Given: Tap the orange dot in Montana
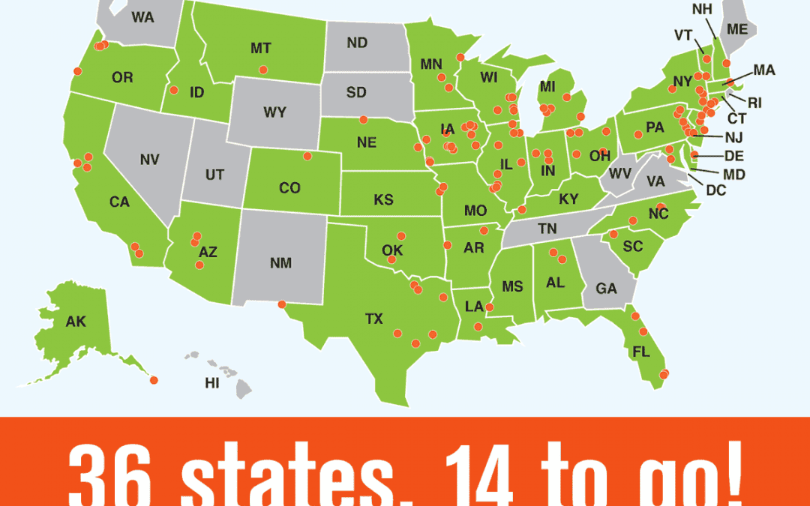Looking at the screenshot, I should tap(263, 70).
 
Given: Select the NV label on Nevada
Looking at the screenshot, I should tap(150, 160).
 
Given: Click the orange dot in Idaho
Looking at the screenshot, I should tap(174, 90).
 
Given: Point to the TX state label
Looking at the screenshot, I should tap(373, 319).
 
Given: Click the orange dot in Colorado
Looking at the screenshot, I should tap(307, 156).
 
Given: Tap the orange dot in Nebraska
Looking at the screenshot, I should tap(364, 119).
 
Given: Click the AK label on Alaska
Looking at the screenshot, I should tap(76, 322).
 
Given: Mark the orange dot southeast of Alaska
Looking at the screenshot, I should tap(154, 380).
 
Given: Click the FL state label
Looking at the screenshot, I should tap(640, 351).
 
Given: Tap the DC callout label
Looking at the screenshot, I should tap(716, 190).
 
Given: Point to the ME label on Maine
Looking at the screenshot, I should tap(737, 30).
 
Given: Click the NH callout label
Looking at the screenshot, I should tap(703, 10).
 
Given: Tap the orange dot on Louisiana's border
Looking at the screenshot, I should tap(490, 307).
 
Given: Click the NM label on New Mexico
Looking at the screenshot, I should tap(280, 263).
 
